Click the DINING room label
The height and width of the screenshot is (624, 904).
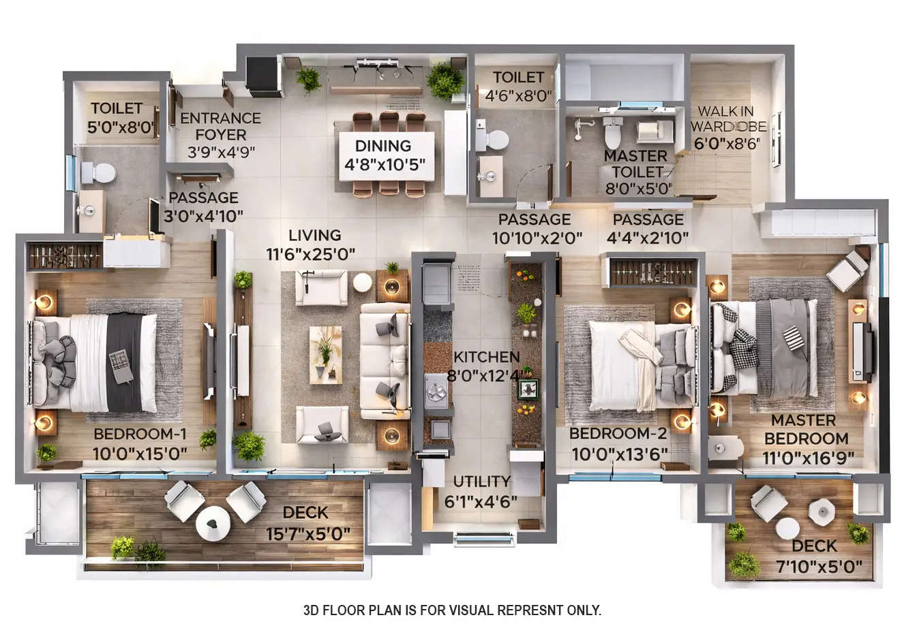(382, 146)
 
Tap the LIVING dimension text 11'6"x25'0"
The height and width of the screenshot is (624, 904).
(311, 253)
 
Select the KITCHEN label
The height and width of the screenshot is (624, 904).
(486, 357)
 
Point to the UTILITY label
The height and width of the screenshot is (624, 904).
(485, 482)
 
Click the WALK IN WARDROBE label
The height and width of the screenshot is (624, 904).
(728, 119)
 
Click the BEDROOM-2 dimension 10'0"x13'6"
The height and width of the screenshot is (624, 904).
(618, 454)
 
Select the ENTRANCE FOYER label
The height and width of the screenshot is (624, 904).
(220, 126)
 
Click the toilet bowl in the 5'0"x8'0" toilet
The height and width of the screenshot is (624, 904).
(100, 172)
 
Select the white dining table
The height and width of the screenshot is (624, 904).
(386, 156)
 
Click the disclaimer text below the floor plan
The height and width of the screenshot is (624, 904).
(452, 610)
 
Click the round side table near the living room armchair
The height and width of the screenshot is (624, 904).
(362, 281)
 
